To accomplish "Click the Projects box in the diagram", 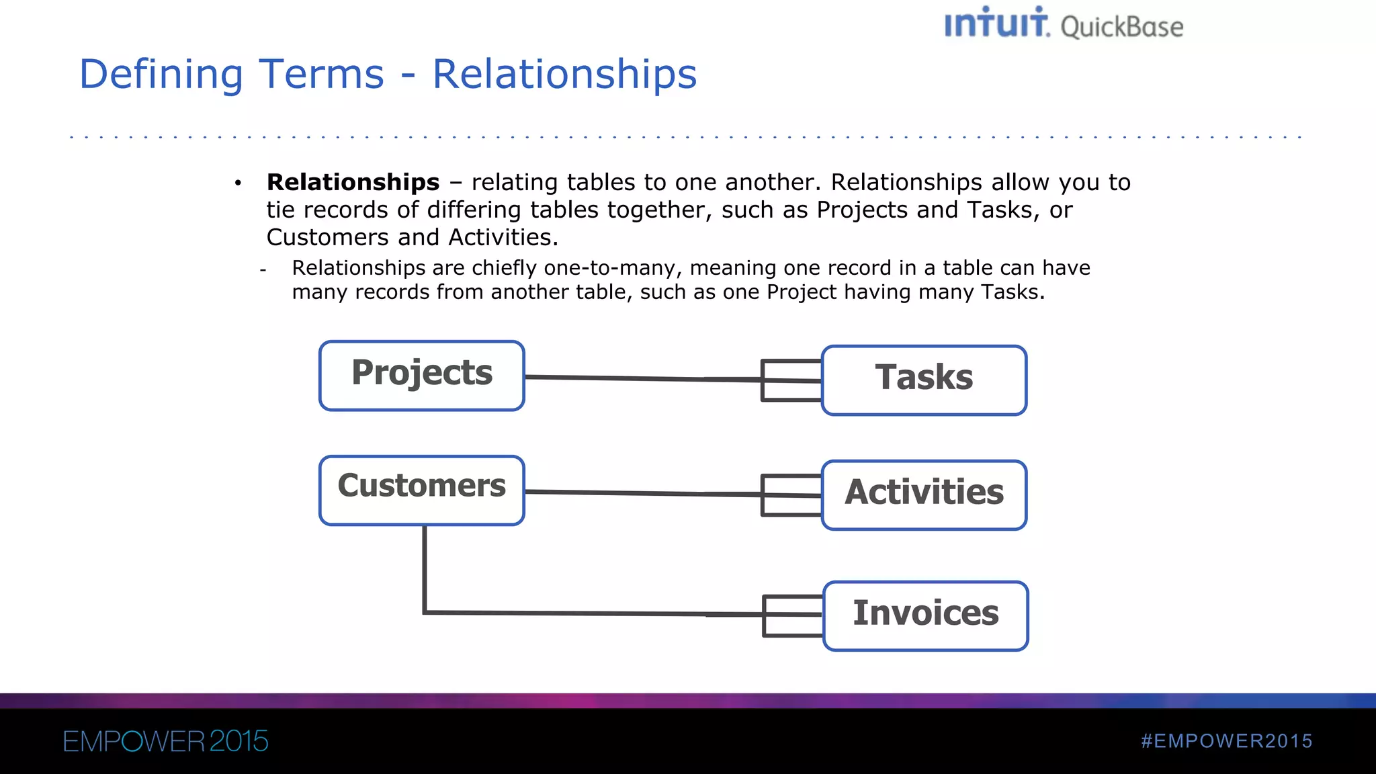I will [421, 375].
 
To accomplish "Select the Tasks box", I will [924, 380].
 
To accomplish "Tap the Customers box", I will [421, 490].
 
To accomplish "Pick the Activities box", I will [924, 494].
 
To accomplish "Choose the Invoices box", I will [925, 615].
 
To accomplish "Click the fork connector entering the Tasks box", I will [791, 380].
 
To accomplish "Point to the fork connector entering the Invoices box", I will [793, 615].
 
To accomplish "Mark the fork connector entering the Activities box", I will [791, 495].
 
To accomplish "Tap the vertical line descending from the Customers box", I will [425, 568].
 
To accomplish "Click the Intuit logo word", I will [996, 23].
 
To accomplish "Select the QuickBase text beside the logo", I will [1121, 28].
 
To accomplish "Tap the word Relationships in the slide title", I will [564, 74].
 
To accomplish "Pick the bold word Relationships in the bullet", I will [353, 182].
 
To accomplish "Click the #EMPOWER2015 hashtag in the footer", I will [1226, 741].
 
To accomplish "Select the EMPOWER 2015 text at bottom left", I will [165, 741].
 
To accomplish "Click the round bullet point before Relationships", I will [238, 183].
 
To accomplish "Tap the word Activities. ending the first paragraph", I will [503, 237].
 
